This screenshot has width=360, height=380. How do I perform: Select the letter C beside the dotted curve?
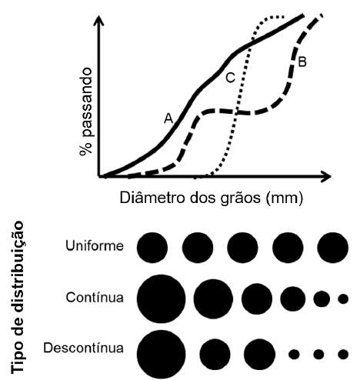[230, 77]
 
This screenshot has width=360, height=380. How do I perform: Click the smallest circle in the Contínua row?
[343, 298]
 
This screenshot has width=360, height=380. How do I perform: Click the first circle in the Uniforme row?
[152, 247]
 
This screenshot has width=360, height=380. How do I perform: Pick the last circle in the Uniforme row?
[332, 247]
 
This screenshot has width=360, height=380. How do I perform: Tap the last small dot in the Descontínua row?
[343, 355]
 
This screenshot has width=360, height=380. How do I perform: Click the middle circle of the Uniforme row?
[242, 247]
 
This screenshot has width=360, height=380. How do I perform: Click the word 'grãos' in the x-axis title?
[242, 198]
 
